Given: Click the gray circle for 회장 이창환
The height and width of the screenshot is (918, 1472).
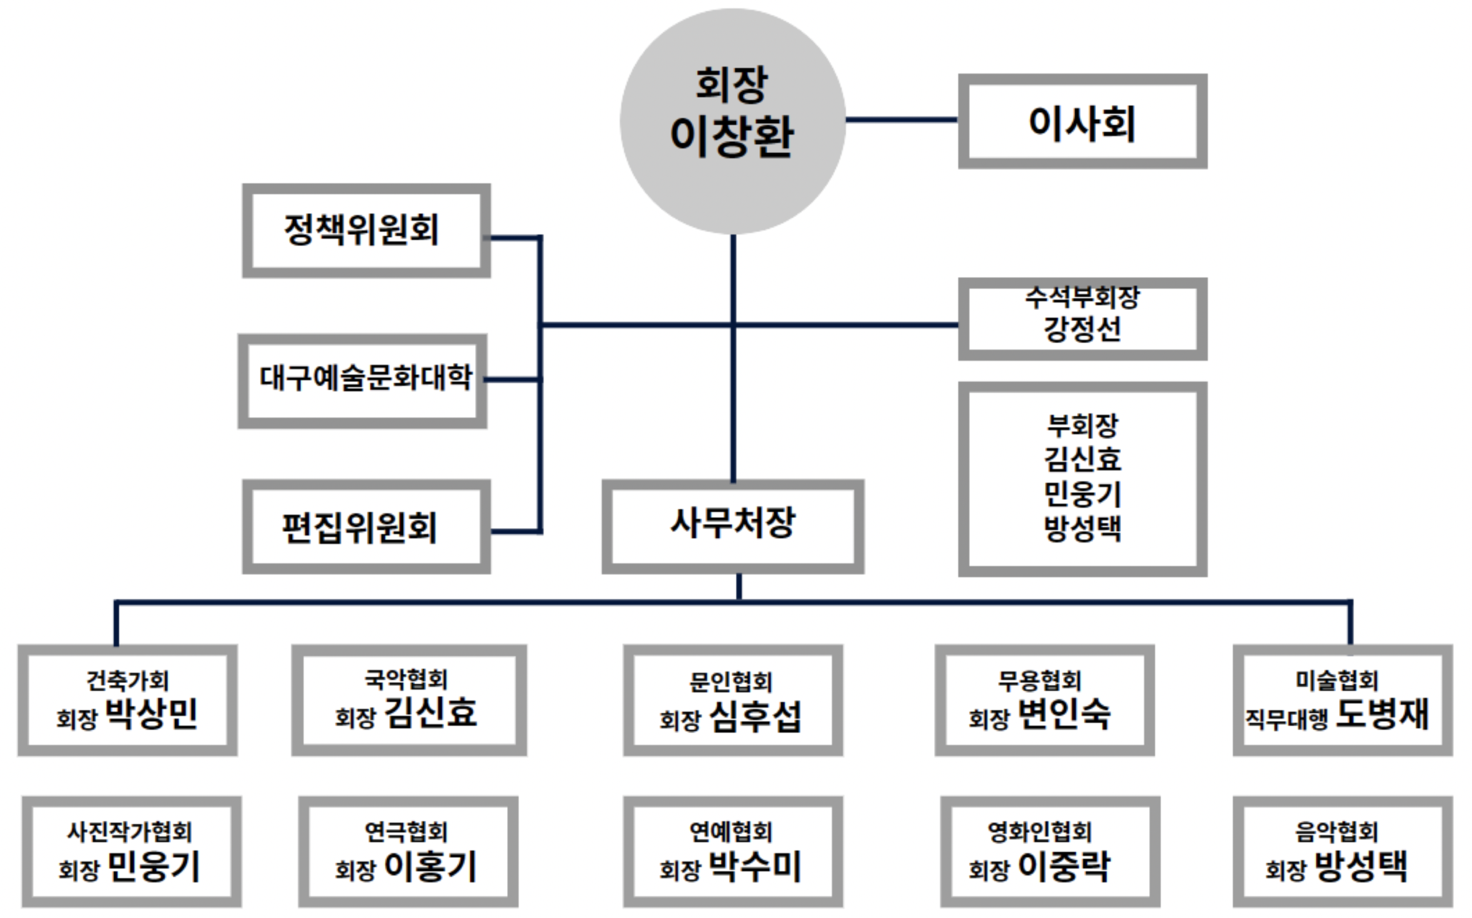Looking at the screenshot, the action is pyautogui.click(x=732, y=120).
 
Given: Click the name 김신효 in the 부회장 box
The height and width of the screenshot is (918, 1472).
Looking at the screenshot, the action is pyautogui.click(x=1083, y=459).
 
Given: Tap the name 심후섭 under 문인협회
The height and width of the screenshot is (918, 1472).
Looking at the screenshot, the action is pyautogui.click(x=755, y=716).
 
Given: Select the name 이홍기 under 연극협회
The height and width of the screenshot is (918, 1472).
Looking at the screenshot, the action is pyautogui.click(x=431, y=867).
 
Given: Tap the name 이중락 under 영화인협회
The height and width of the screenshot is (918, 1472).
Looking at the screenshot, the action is pyautogui.click(x=1064, y=867).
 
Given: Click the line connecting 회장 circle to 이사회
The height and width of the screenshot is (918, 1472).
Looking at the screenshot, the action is pyautogui.click(x=902, y=119).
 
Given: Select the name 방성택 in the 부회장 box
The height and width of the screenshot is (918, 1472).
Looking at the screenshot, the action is pyautogui.click(x=1083, y=528).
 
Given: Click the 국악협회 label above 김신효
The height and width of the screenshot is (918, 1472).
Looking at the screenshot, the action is pyautogui.click(x=406, y=679).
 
